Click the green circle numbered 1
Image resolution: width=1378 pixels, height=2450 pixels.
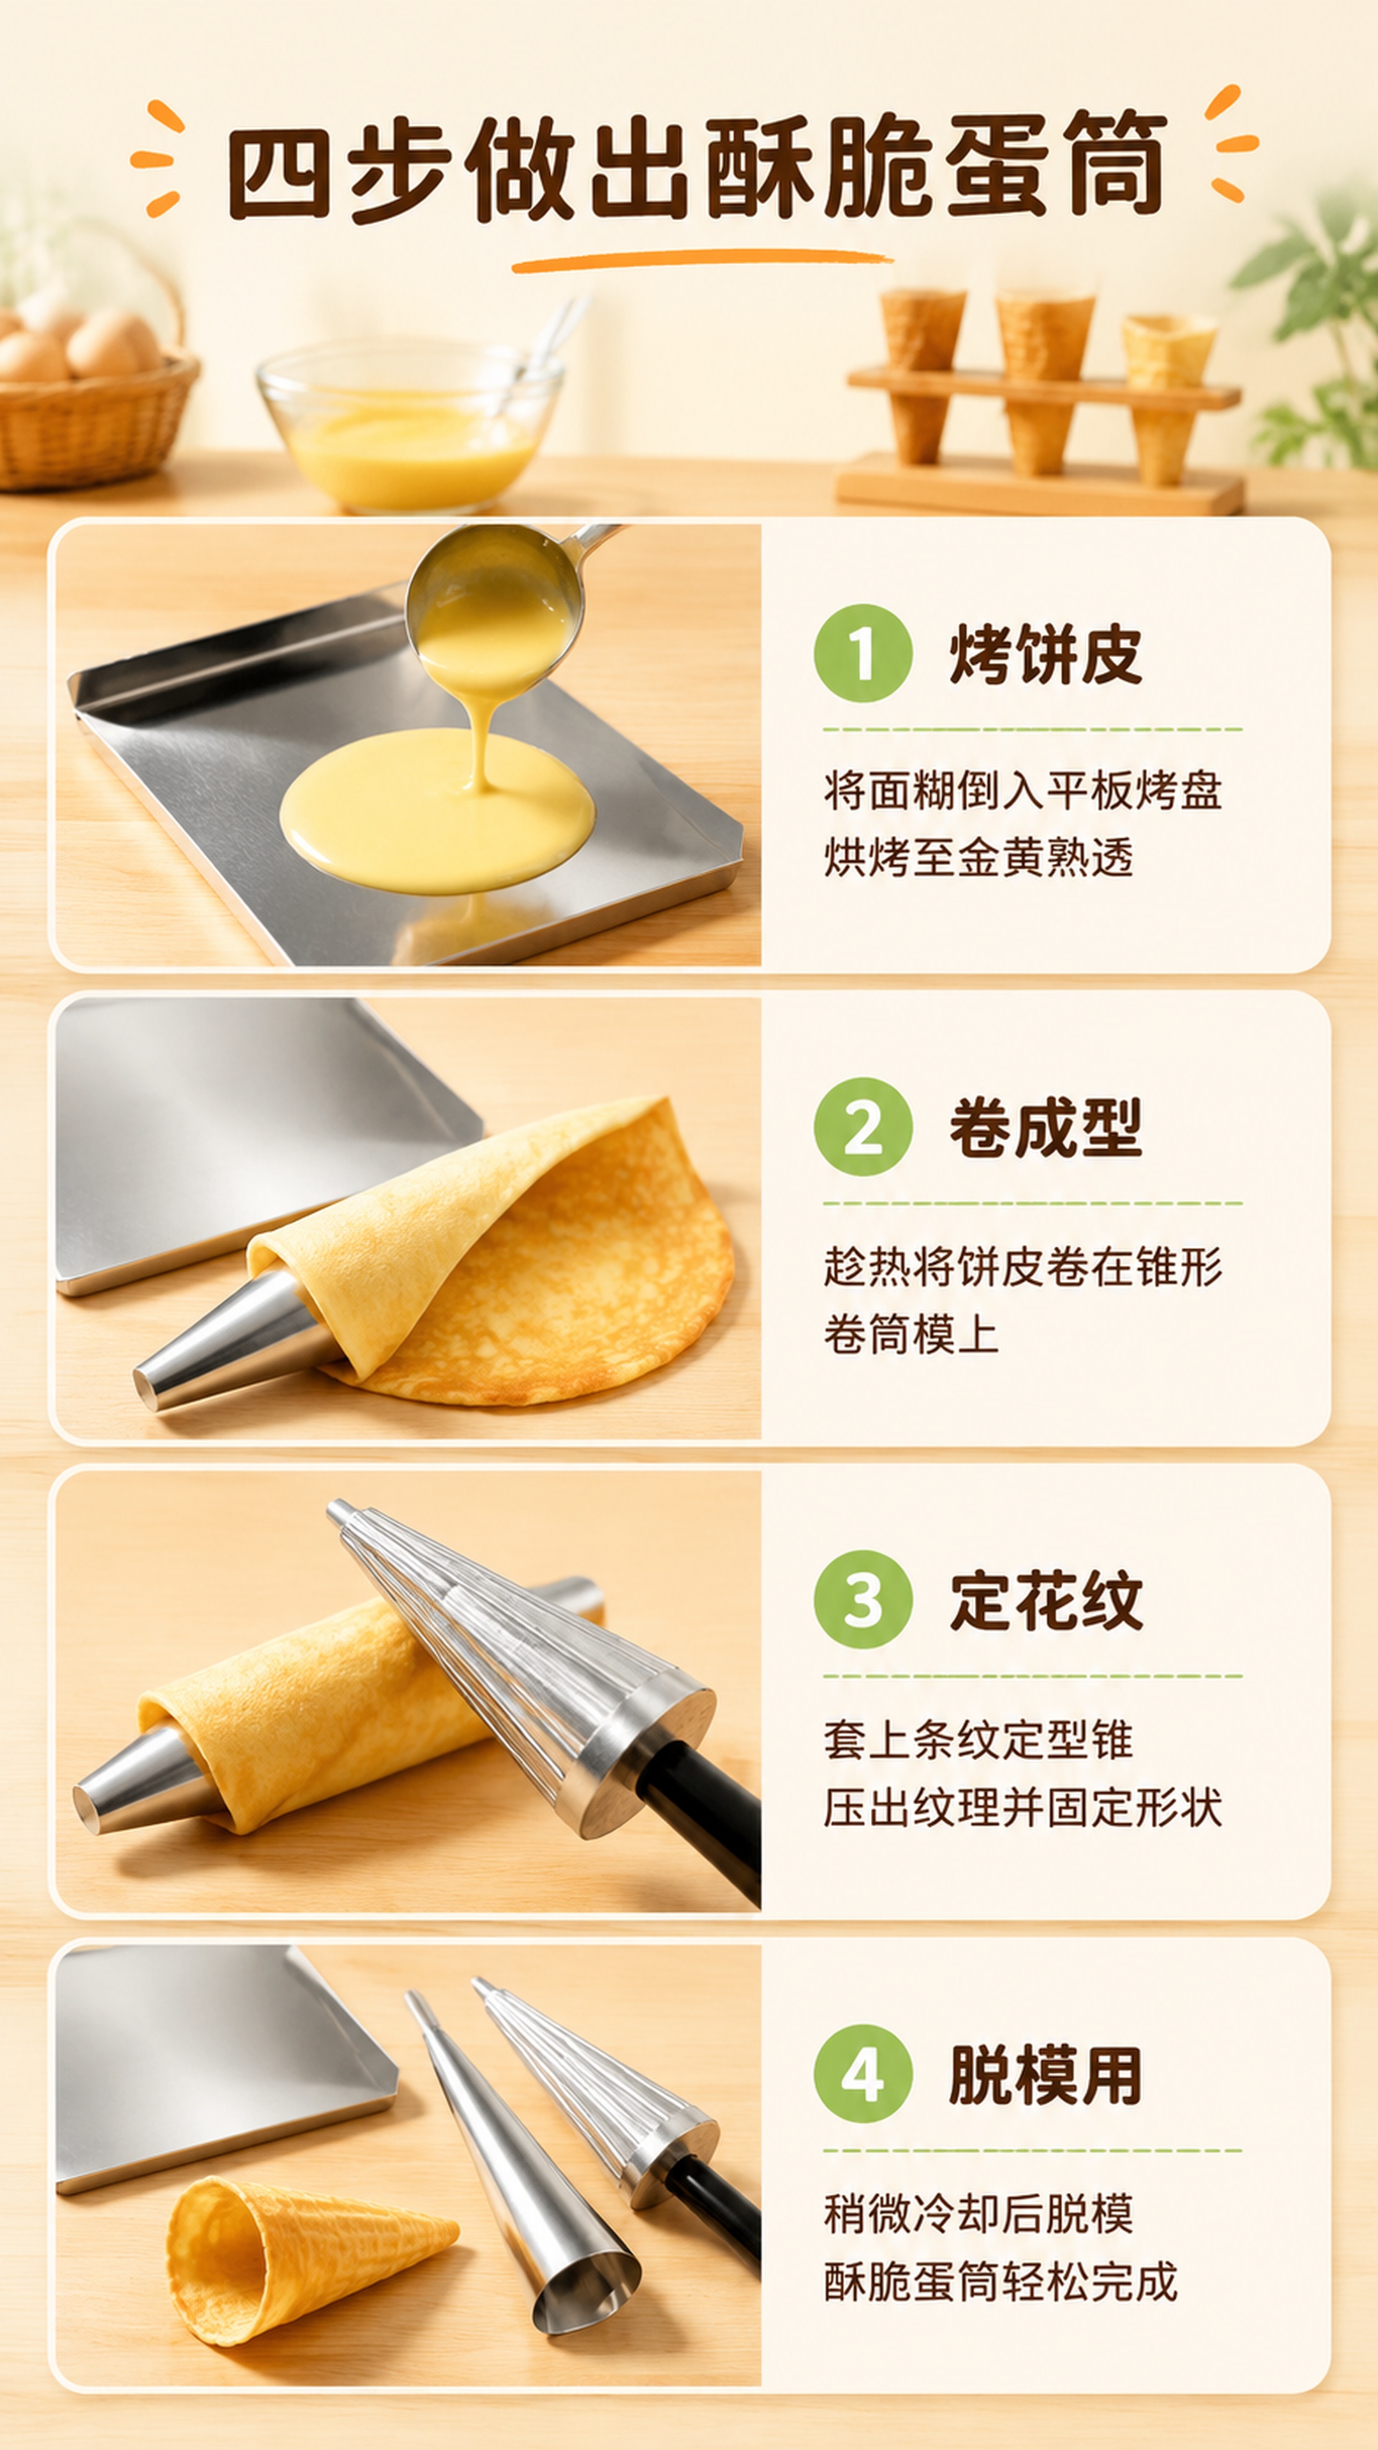coord(863,653)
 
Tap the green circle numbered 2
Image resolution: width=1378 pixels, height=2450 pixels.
coord(863,1127)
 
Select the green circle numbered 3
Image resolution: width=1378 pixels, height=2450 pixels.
coord(863,1600)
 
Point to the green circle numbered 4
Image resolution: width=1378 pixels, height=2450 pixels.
coord(863,2074)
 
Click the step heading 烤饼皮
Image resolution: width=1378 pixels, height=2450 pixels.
coord(1045,655)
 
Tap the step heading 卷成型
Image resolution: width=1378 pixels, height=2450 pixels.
coord(1045,1128)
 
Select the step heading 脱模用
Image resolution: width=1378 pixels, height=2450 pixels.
coord(1045,2074)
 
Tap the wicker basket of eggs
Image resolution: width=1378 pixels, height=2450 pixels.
coord(91,399)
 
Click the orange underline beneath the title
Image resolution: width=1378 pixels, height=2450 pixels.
coord(702,260)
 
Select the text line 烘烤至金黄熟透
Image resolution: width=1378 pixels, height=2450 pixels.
coord(979,858)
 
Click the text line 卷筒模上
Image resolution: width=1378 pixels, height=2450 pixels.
coord(911,1333)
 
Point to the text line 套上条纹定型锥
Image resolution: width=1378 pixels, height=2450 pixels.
coord(979,1739)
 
